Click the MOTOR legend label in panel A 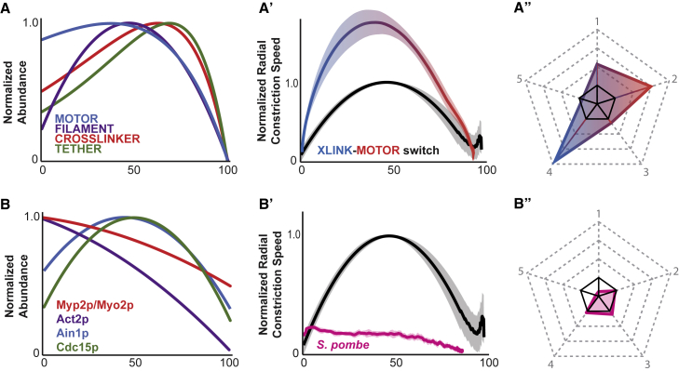(77, 119)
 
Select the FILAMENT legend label (85, 128)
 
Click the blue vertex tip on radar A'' (554, 159)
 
